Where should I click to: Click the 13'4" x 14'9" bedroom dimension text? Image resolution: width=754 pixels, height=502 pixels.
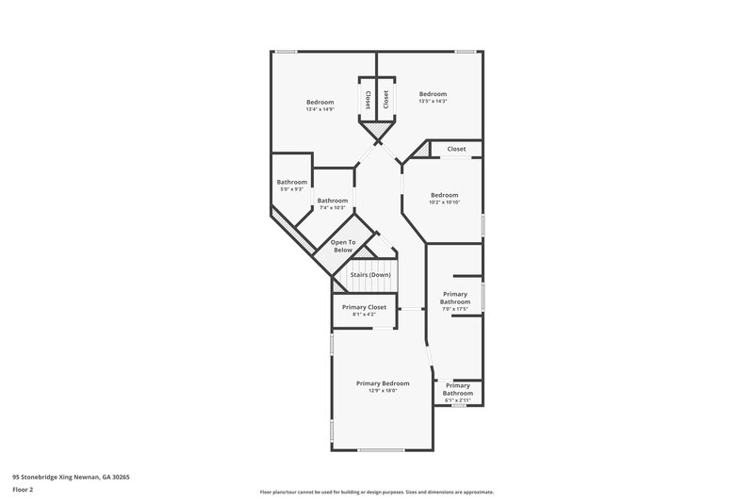coord(320,109)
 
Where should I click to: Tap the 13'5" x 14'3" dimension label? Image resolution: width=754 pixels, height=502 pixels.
coord(433,102)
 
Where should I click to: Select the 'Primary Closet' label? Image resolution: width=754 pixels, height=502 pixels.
coord(364,307)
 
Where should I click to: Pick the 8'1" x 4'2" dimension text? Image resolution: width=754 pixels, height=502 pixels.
coord(364,315)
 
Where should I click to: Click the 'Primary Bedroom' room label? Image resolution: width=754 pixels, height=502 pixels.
coord(383,383)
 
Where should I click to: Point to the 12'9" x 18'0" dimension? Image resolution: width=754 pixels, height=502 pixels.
coord(383,391)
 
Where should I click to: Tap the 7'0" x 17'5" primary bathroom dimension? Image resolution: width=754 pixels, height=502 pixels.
coord(455,309)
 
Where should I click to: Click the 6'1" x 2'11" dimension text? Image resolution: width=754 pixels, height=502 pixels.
coord(457,400)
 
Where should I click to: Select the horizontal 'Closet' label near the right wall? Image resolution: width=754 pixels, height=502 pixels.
coord(456,149)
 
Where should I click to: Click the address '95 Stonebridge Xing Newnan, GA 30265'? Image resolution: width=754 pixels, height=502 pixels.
coord(71,478)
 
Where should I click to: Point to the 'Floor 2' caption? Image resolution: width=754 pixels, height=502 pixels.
coord(24,490)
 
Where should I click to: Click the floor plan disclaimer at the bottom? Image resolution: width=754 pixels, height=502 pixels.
coord(377,492)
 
